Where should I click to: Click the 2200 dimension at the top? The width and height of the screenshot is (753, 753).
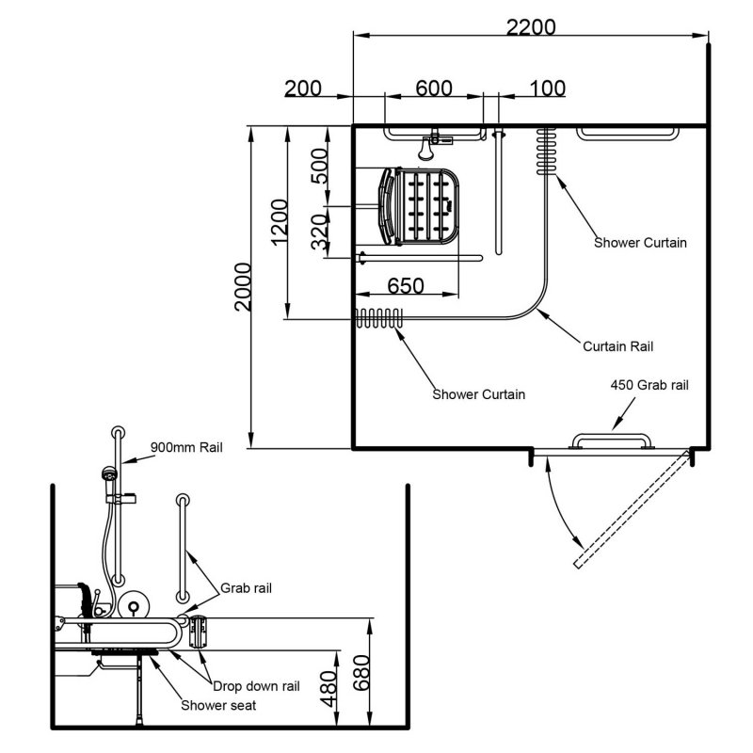tap(530, 26)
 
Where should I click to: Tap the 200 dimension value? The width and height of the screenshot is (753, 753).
tap(303, 88)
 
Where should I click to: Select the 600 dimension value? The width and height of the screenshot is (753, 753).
tap(434, 88)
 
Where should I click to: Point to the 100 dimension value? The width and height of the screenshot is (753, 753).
tap(547, 88)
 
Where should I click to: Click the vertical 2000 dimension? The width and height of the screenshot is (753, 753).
tap(244, 286)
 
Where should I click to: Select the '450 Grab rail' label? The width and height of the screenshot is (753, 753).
tap(649, 385)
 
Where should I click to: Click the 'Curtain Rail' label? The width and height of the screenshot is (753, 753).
tap(617, 346)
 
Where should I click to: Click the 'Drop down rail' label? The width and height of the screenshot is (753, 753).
tap(255, 686)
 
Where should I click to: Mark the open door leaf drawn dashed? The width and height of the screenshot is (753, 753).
tap(633, 508)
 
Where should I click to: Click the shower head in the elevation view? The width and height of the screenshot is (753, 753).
tap(111, 475)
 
